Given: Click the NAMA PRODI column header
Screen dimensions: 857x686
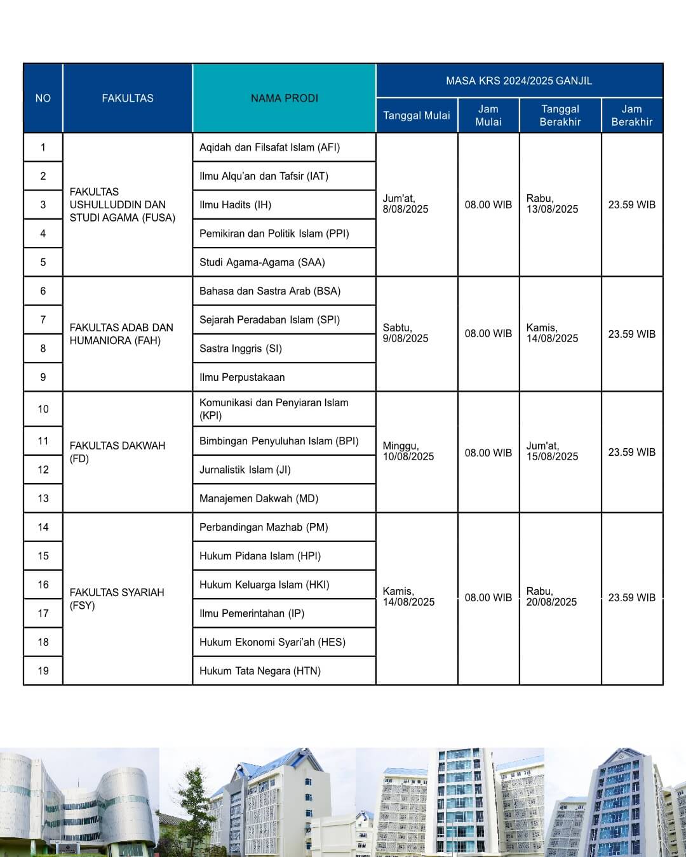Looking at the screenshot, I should (284, 98).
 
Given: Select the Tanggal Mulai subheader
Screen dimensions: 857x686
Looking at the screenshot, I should (417, 116).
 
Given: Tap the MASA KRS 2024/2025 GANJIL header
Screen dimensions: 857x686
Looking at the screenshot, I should (519, 81).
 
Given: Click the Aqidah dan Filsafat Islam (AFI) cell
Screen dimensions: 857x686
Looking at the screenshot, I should (270, 147).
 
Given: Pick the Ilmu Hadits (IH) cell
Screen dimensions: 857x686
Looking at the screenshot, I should (236, 204).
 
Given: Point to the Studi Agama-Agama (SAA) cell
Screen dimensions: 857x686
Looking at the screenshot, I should (262, 262).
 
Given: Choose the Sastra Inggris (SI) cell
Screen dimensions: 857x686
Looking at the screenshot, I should (241, 349).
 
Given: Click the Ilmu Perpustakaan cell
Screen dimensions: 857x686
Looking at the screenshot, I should (242, 377).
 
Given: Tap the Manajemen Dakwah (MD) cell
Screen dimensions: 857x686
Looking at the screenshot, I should (259, 498).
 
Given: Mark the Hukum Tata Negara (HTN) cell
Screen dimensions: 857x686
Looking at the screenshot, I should (260, 671).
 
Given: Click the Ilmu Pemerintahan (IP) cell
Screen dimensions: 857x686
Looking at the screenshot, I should (252, 613).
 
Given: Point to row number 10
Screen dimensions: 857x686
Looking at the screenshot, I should (43, 409).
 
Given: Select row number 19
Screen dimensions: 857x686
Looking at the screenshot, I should (43, 671).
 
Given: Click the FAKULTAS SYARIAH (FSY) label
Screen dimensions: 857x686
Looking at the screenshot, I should (117, 599).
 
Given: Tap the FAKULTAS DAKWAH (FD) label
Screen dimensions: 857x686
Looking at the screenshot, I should (118, 452).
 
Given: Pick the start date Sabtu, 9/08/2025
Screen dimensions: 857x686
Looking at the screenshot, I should (406, 333).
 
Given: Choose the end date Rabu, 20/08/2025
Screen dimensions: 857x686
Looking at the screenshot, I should (551, 597).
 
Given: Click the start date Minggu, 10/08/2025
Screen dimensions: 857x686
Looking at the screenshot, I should (408, 451).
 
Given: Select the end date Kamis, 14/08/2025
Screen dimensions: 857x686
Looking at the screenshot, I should (552, 333).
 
